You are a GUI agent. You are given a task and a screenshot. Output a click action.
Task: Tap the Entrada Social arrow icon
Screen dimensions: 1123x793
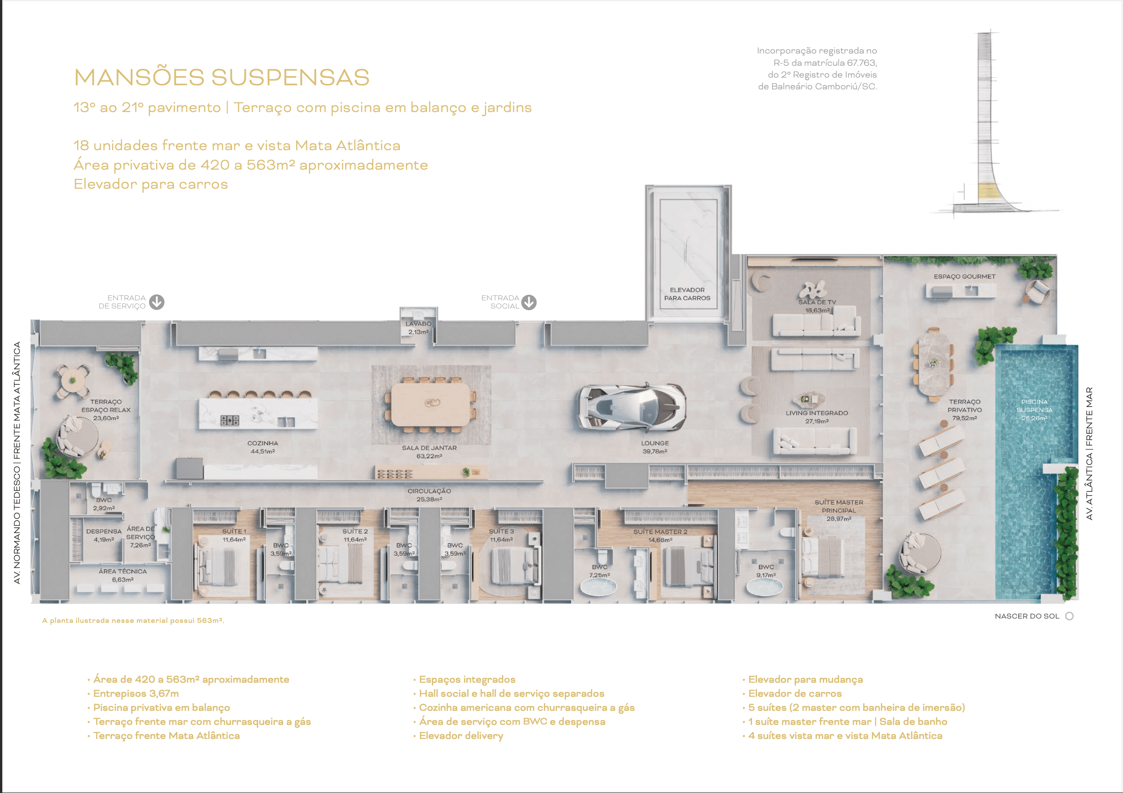pos(529,302)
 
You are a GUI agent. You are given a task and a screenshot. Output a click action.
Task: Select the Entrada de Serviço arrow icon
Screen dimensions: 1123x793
pos(156,302)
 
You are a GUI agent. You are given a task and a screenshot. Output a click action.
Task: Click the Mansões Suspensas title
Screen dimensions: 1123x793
pos(222,77)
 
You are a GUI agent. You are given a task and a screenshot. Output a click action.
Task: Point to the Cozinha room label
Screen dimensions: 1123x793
pos(263,447)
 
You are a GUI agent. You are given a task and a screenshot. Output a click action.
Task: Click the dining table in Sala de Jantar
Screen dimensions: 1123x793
pos(430,404)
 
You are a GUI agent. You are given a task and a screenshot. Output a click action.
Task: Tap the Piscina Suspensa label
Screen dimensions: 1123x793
pos(1034,410)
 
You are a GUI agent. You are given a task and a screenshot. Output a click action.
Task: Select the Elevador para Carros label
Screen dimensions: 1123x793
pos(687,294)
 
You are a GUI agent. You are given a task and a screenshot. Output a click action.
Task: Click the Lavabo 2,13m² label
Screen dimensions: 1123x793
pos(418,328)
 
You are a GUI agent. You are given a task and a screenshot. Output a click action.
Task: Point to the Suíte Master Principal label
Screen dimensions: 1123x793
pos(839,510)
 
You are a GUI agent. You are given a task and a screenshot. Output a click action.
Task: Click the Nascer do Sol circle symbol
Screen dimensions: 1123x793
pos(1069,616)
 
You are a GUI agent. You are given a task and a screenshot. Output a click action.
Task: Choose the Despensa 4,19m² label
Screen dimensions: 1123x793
pos(104,535)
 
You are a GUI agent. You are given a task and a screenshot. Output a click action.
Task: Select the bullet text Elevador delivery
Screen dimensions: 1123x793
pos(461,736)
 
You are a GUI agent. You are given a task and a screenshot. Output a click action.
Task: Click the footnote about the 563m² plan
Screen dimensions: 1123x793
pos(133,620)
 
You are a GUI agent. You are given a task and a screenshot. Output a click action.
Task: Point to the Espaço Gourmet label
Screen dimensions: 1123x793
pos(964,276)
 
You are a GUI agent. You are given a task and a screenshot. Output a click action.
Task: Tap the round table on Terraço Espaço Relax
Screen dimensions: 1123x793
pos(73,380)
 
